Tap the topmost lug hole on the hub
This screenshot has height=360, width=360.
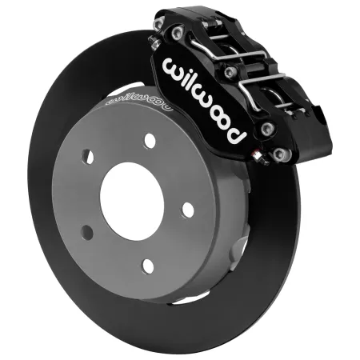coord(150,140)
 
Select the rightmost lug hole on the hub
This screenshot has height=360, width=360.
coord(188,210)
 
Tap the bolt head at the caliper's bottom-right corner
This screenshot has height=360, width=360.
coord(278,153)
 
